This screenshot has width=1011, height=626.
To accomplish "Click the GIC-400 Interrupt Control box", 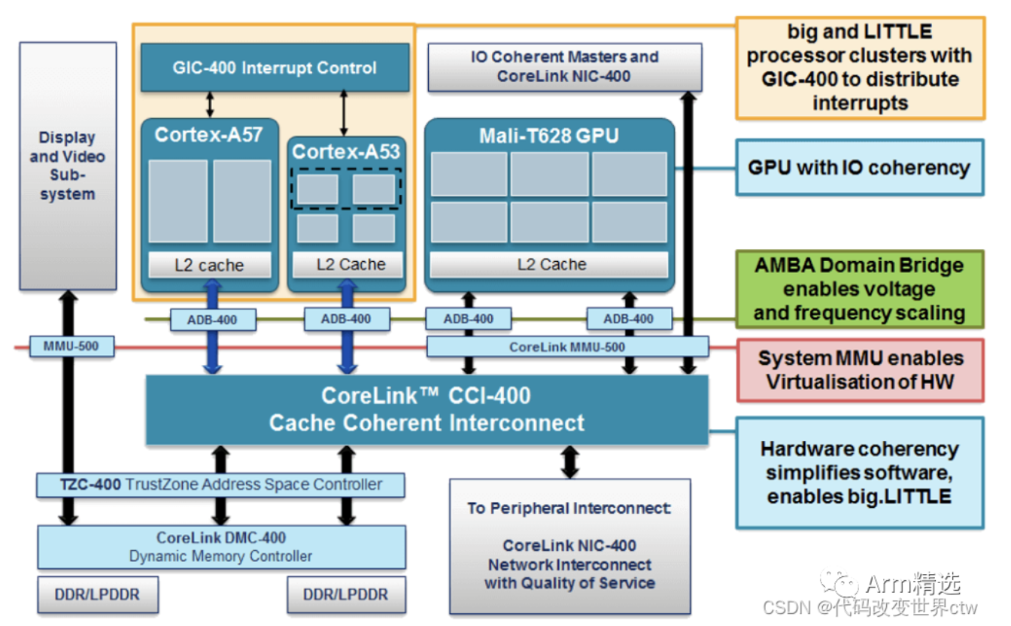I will pyautogui.click(x=275, y=68).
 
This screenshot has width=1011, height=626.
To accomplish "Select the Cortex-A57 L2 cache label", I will pyautogui.click(x=209, y=265).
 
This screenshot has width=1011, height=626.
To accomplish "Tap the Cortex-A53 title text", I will pyautogui.click(x=346, y=151).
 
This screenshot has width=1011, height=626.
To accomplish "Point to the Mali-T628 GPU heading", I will pyautogui.click(x=549, y=135).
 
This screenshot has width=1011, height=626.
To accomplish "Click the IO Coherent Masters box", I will pyautogui.click(x=564, y=67).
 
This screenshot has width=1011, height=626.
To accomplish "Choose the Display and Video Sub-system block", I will pyautogui.click(x=68, y=166).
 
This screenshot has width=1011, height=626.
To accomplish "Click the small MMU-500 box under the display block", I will pyautogui.click(x=74, y=347).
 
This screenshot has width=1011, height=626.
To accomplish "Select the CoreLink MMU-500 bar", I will pyautogui.click(x=567, y=347).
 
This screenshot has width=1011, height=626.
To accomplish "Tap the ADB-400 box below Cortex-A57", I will pyautogui.click(x=213, y=320).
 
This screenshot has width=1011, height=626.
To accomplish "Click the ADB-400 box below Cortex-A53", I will pyautogui.click(x=347, y=319).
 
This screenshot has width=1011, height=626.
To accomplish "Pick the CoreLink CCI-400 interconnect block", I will pyautogui.click(x=427, y=409).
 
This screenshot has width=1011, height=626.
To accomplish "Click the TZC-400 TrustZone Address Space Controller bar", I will pyautogui.click(x=220, y=485).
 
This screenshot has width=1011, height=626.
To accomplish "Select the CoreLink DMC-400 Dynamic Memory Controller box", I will pyautogui.click(x=221, y=547).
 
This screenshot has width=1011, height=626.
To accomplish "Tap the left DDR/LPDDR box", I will pyautogui.click(x=97, y=594).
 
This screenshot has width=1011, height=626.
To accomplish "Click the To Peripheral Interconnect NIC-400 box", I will pyautogui.click(x=569, y=545).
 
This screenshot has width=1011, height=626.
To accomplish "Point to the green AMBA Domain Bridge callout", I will pyautogui.click(x=859, y=289).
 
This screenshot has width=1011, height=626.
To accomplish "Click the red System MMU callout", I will pyautogui.click(x=860, y=369).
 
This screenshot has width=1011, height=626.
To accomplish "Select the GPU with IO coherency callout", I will pyautogui.click(x=859, y=167).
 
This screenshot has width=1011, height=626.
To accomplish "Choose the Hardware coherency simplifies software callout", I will pyautogui.click(x=859, y=473).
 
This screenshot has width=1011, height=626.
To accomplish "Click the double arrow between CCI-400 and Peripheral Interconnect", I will pyautogui.click(x=569, y=461).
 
